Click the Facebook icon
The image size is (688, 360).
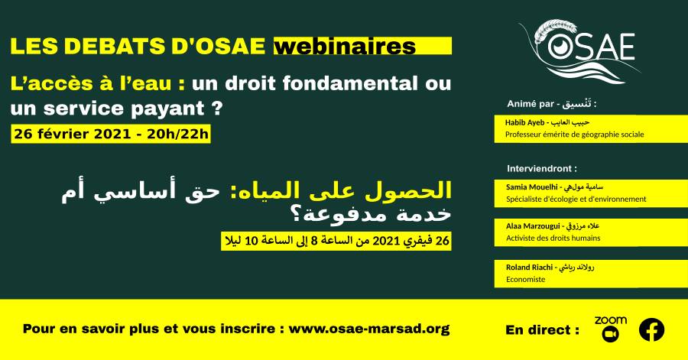tap(651, 329)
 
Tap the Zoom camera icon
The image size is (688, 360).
tap(610, 335)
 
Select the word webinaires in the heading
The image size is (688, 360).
tap(345, 47)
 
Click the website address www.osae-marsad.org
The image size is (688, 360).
tap(369, 329)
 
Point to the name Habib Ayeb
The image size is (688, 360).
tap(524, 123)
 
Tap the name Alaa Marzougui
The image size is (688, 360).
tap(533, 226)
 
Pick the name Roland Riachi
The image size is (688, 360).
tap(529, 267)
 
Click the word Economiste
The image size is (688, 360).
tap(525, 279)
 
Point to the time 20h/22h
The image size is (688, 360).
tap(177, 134)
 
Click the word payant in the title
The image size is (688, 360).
tap(167, 109)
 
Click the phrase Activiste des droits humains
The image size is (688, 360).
tap(553, 238)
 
